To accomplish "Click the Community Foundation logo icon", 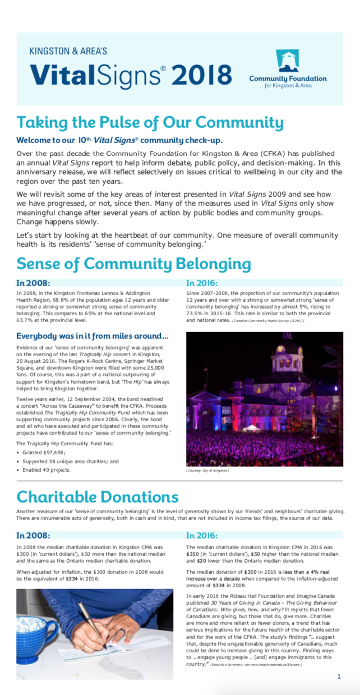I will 287,61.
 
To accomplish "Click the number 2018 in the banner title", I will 202,75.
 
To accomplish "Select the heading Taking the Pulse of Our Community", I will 150,122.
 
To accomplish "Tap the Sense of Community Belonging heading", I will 133,264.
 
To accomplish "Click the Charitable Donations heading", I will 98,496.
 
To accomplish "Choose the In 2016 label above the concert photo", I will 202,283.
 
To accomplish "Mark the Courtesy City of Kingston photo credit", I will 207,470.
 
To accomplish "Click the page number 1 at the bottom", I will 339,676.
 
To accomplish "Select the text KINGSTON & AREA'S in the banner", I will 68,51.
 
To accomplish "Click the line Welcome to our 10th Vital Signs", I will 119,140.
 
